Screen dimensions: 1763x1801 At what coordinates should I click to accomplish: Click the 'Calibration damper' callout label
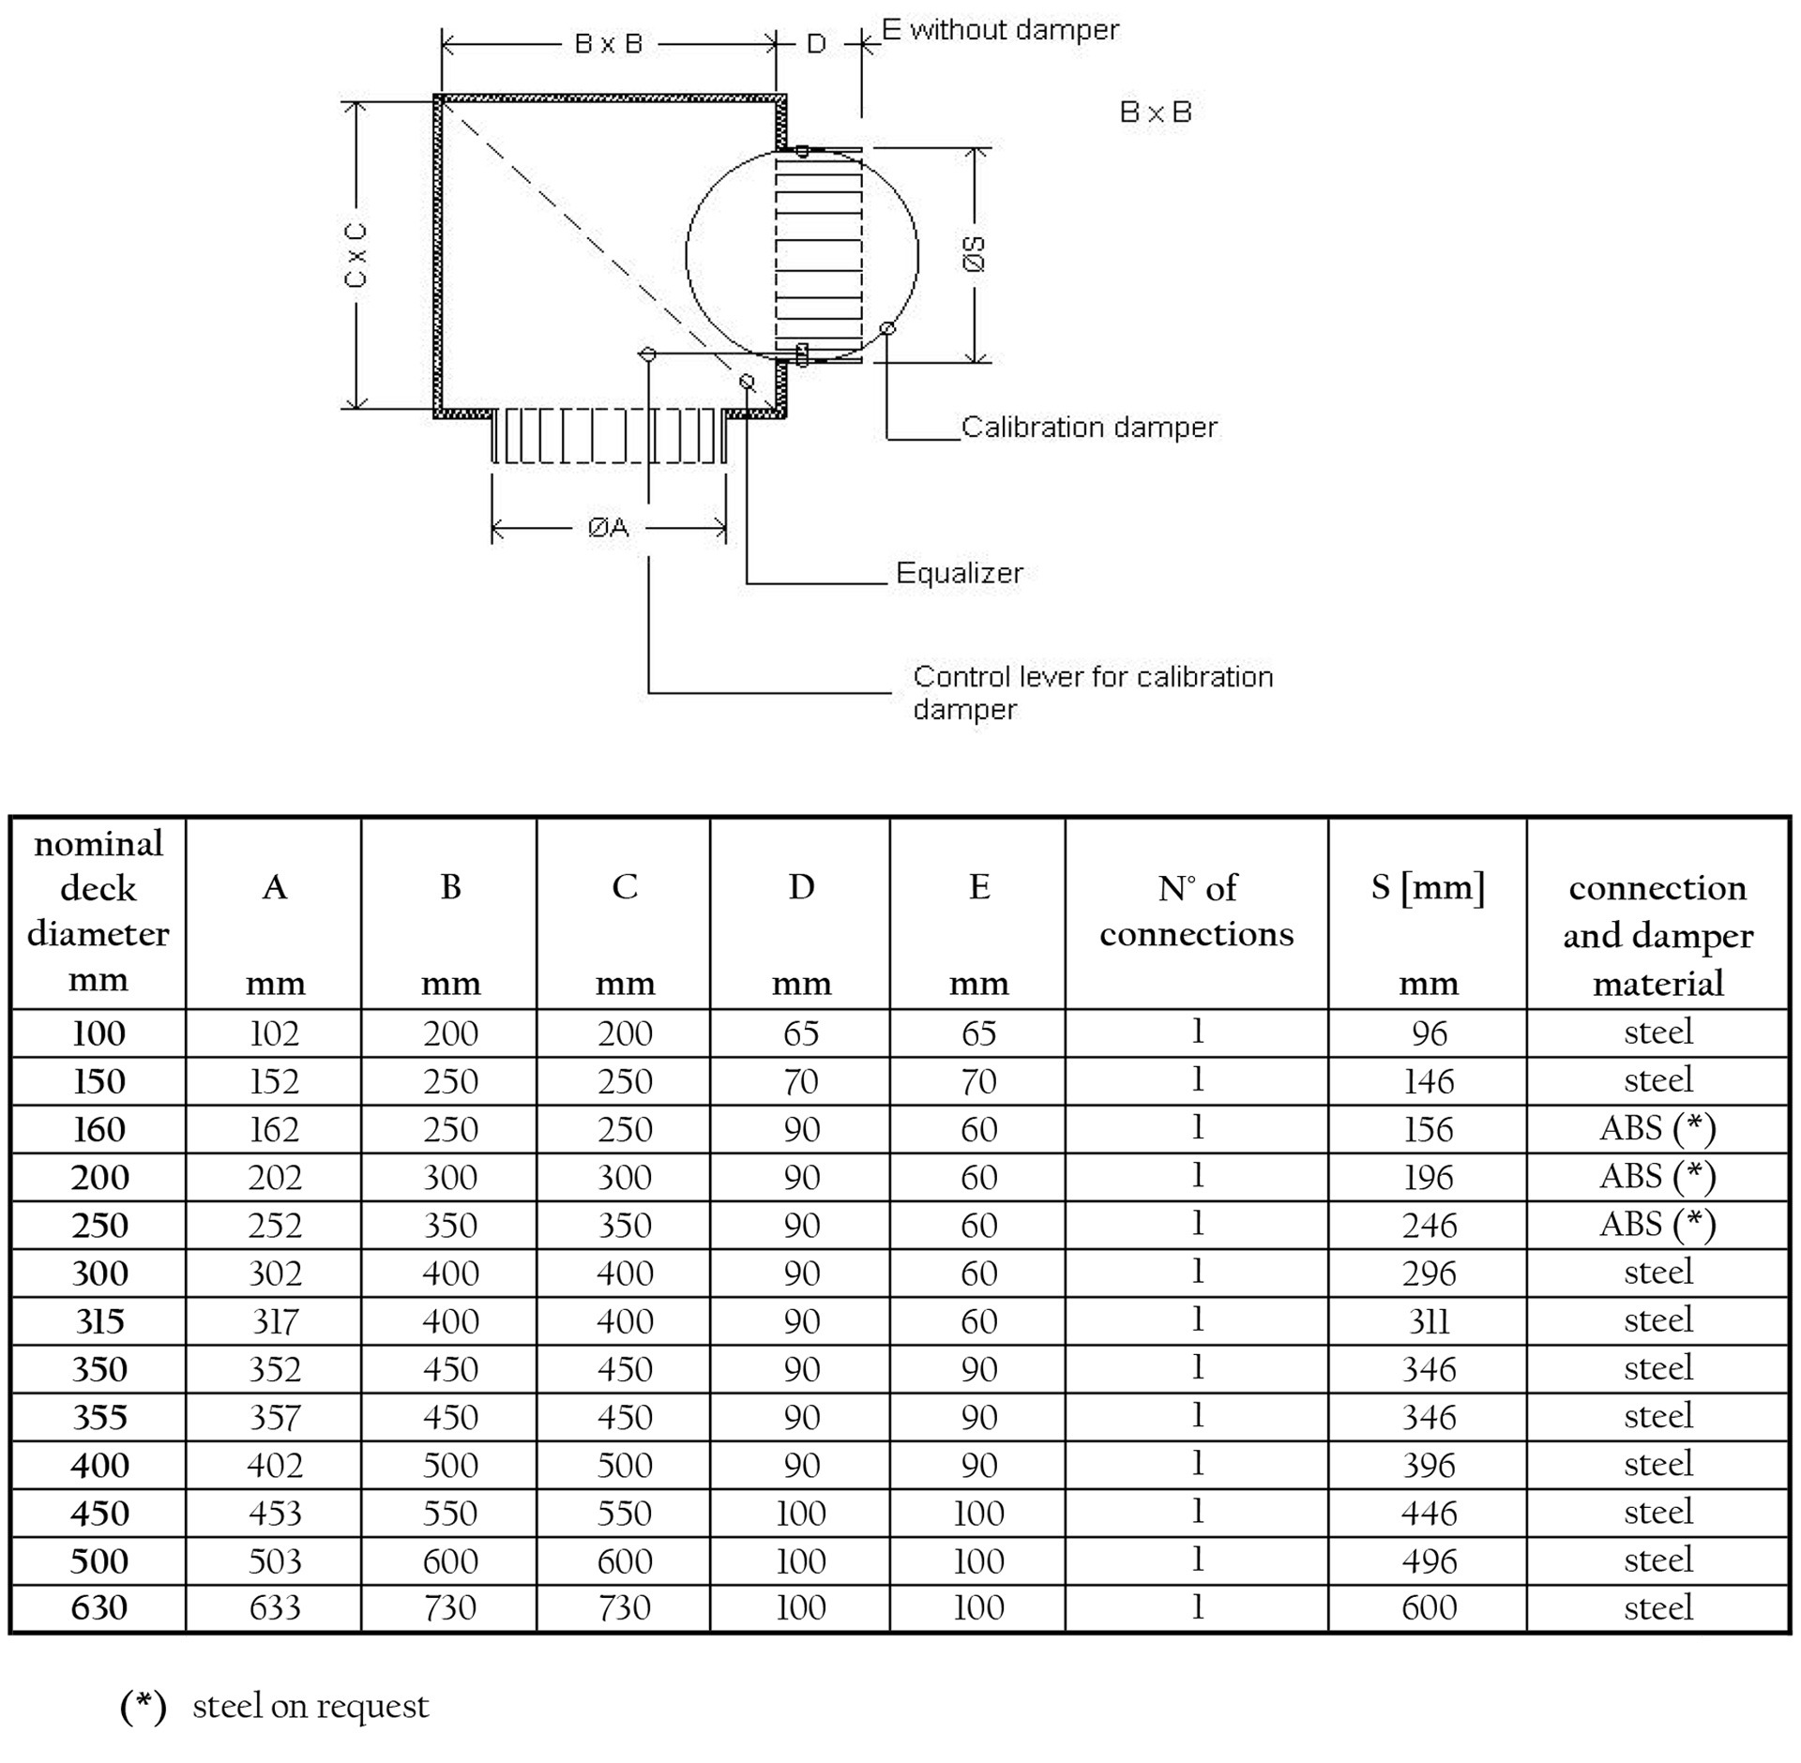click(1088, 428)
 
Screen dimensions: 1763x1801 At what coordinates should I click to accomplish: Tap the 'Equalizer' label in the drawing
click(959, 573)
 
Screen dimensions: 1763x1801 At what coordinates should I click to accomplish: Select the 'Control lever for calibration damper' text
click(1092, 692)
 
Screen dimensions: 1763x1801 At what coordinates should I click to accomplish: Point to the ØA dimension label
click(608, 528)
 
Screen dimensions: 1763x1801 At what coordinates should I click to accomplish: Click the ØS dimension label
click(976, 254)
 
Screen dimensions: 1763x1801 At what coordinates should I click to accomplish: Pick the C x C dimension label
click(356, 254)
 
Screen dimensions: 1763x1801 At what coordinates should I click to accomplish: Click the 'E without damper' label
click(1000, 30)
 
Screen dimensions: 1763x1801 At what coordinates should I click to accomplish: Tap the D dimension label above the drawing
click(816, 44)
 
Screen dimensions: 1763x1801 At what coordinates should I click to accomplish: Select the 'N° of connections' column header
click(1196, 911)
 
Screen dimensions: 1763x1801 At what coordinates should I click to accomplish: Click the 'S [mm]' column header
click(1428, 887)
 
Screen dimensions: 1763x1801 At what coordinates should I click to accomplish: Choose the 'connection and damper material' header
click(1657, 934)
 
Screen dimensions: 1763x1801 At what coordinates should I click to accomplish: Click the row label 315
click(99, 1321)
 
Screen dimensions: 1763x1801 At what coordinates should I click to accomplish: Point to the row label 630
click(99, 1607)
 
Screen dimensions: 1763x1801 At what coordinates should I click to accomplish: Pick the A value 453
click(275, 1513)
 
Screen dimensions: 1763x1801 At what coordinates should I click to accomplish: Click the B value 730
click(450, 1607)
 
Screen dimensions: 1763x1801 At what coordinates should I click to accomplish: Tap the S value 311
click(1429, 1321)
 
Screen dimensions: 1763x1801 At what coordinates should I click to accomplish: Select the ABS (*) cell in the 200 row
click(1657, 1177)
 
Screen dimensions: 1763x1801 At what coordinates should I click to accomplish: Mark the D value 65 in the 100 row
click(801, 1033)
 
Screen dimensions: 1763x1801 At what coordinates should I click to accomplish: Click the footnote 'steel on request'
click(310, 1706)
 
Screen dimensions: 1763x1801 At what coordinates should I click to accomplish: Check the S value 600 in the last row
click(1429, 1607)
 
